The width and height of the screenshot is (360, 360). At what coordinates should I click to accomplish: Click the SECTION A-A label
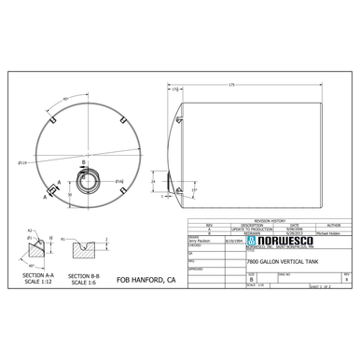pos(36,278)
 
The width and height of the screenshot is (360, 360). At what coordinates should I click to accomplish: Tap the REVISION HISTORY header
pos(268,220)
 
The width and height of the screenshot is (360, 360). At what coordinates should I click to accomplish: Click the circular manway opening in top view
pos(86,179)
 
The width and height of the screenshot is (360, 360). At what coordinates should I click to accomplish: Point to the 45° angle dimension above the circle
pos(66,97)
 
